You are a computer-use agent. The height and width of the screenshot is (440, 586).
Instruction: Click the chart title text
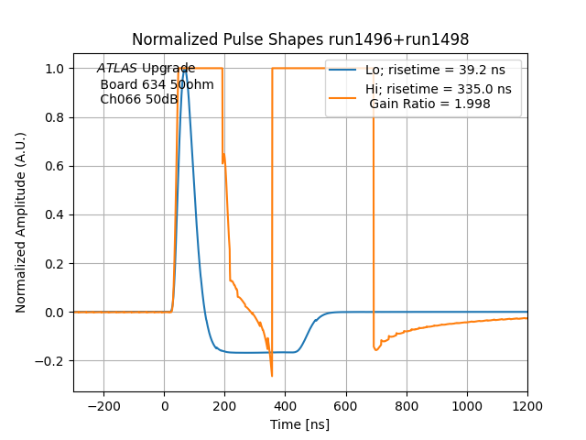pyautogui.click(x=300, y=39)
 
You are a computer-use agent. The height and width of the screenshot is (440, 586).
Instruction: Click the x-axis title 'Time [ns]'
pyautogui.click(x=300, y=424)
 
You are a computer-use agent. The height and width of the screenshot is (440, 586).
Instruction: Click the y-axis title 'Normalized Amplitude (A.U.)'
pyautogui.click(x=21, y=223)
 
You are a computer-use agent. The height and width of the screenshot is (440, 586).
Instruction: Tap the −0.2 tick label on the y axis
pyautogui.click(x=53, y=361)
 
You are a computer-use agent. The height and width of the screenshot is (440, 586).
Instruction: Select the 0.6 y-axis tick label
pyautogui.click(x=57, y=166)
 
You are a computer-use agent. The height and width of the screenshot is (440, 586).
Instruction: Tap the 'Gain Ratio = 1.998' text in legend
pyautogui.click(x=429, y=104)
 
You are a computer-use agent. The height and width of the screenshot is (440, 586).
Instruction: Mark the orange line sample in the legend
pyautogui.click(x=344, y=89)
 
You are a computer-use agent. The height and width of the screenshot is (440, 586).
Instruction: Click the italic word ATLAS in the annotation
pyautogui.click(x=117, y=69)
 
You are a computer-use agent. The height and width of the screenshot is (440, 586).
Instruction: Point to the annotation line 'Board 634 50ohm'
pyautogui.click(x=157, y=84)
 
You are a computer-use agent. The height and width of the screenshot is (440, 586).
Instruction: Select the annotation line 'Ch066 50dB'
pyautogui.click(x=138, y=100)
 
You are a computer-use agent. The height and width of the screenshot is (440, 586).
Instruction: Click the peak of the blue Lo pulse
pyautogui.click(x=185, y=69)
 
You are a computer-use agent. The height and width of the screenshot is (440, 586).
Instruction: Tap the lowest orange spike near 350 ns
pyautogui.click(x=272, y=375)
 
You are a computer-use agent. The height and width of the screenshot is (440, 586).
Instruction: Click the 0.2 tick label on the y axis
pyautogui.click(x=57, y=264)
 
